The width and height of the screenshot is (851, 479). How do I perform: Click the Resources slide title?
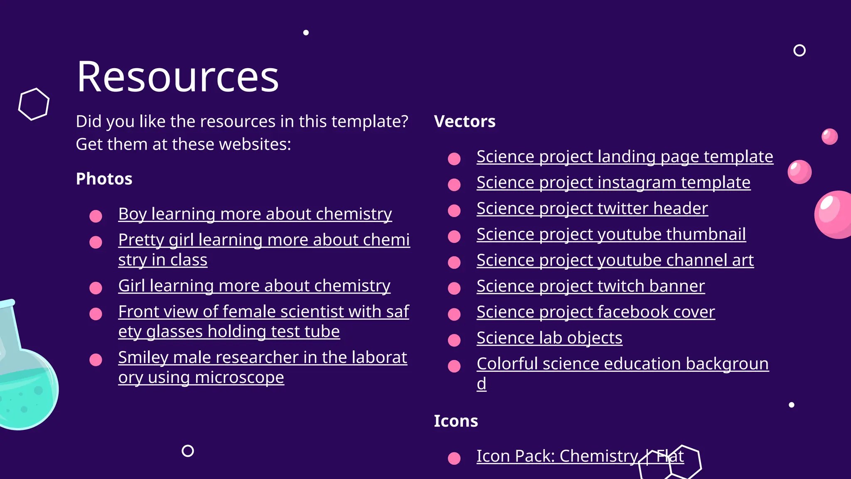(178, 77)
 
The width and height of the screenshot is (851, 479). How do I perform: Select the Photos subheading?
(104, 179)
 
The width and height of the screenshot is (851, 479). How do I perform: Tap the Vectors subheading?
(465, 121)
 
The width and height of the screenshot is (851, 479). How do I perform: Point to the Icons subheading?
(456, 421)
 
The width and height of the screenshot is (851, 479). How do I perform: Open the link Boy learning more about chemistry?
(255, 214)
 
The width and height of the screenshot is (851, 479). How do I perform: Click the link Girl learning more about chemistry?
(254, 286)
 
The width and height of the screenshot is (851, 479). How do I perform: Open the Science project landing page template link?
(625, 157)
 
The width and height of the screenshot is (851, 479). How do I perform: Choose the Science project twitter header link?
(592, 208)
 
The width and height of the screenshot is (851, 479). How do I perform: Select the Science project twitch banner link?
(590, 286)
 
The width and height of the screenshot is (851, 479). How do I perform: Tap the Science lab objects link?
(549, 338)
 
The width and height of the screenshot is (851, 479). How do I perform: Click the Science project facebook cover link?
(595, 312)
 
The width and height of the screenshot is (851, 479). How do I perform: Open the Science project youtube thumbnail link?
(611, 235)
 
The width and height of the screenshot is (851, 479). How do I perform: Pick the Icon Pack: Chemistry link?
(557, 456)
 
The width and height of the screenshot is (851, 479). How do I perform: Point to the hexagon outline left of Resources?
(34, 104)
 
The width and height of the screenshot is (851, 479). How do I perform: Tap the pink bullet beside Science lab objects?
(454, 340)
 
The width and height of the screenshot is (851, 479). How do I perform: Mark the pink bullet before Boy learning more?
(96, 216)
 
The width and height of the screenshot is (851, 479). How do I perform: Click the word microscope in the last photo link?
(239, 378)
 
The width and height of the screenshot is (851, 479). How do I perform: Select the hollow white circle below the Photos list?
(188, 451)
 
